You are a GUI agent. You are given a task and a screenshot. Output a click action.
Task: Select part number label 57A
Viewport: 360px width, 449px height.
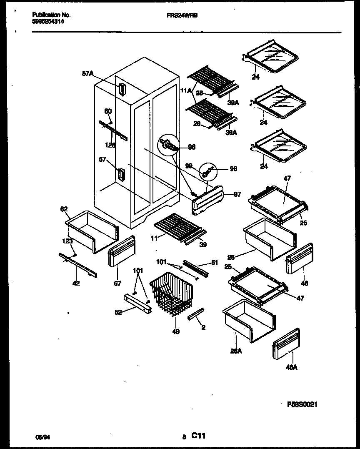pyautogui.click(x=87, y=74)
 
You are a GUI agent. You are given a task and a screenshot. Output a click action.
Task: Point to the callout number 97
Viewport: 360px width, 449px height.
pyautogui.click(x=237, y=194)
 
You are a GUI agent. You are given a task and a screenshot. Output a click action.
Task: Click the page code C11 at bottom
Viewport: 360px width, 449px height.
pyautogui.click(x=198, y=436)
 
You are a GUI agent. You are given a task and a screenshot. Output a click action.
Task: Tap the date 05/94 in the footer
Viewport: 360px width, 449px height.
pyautogui.click(x=40, y=437)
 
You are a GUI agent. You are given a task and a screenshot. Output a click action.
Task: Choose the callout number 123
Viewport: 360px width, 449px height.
pyautogui.click(x=67, y=241)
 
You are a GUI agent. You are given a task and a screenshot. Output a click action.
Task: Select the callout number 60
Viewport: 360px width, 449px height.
pyautogui.click(x=108, y=111)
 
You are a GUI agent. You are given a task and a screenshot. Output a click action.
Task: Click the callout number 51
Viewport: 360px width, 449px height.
pyautogui.click(x=214, y=262)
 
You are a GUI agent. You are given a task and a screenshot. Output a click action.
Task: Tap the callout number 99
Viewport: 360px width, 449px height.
pyautogui.click(x=189, y=166)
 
